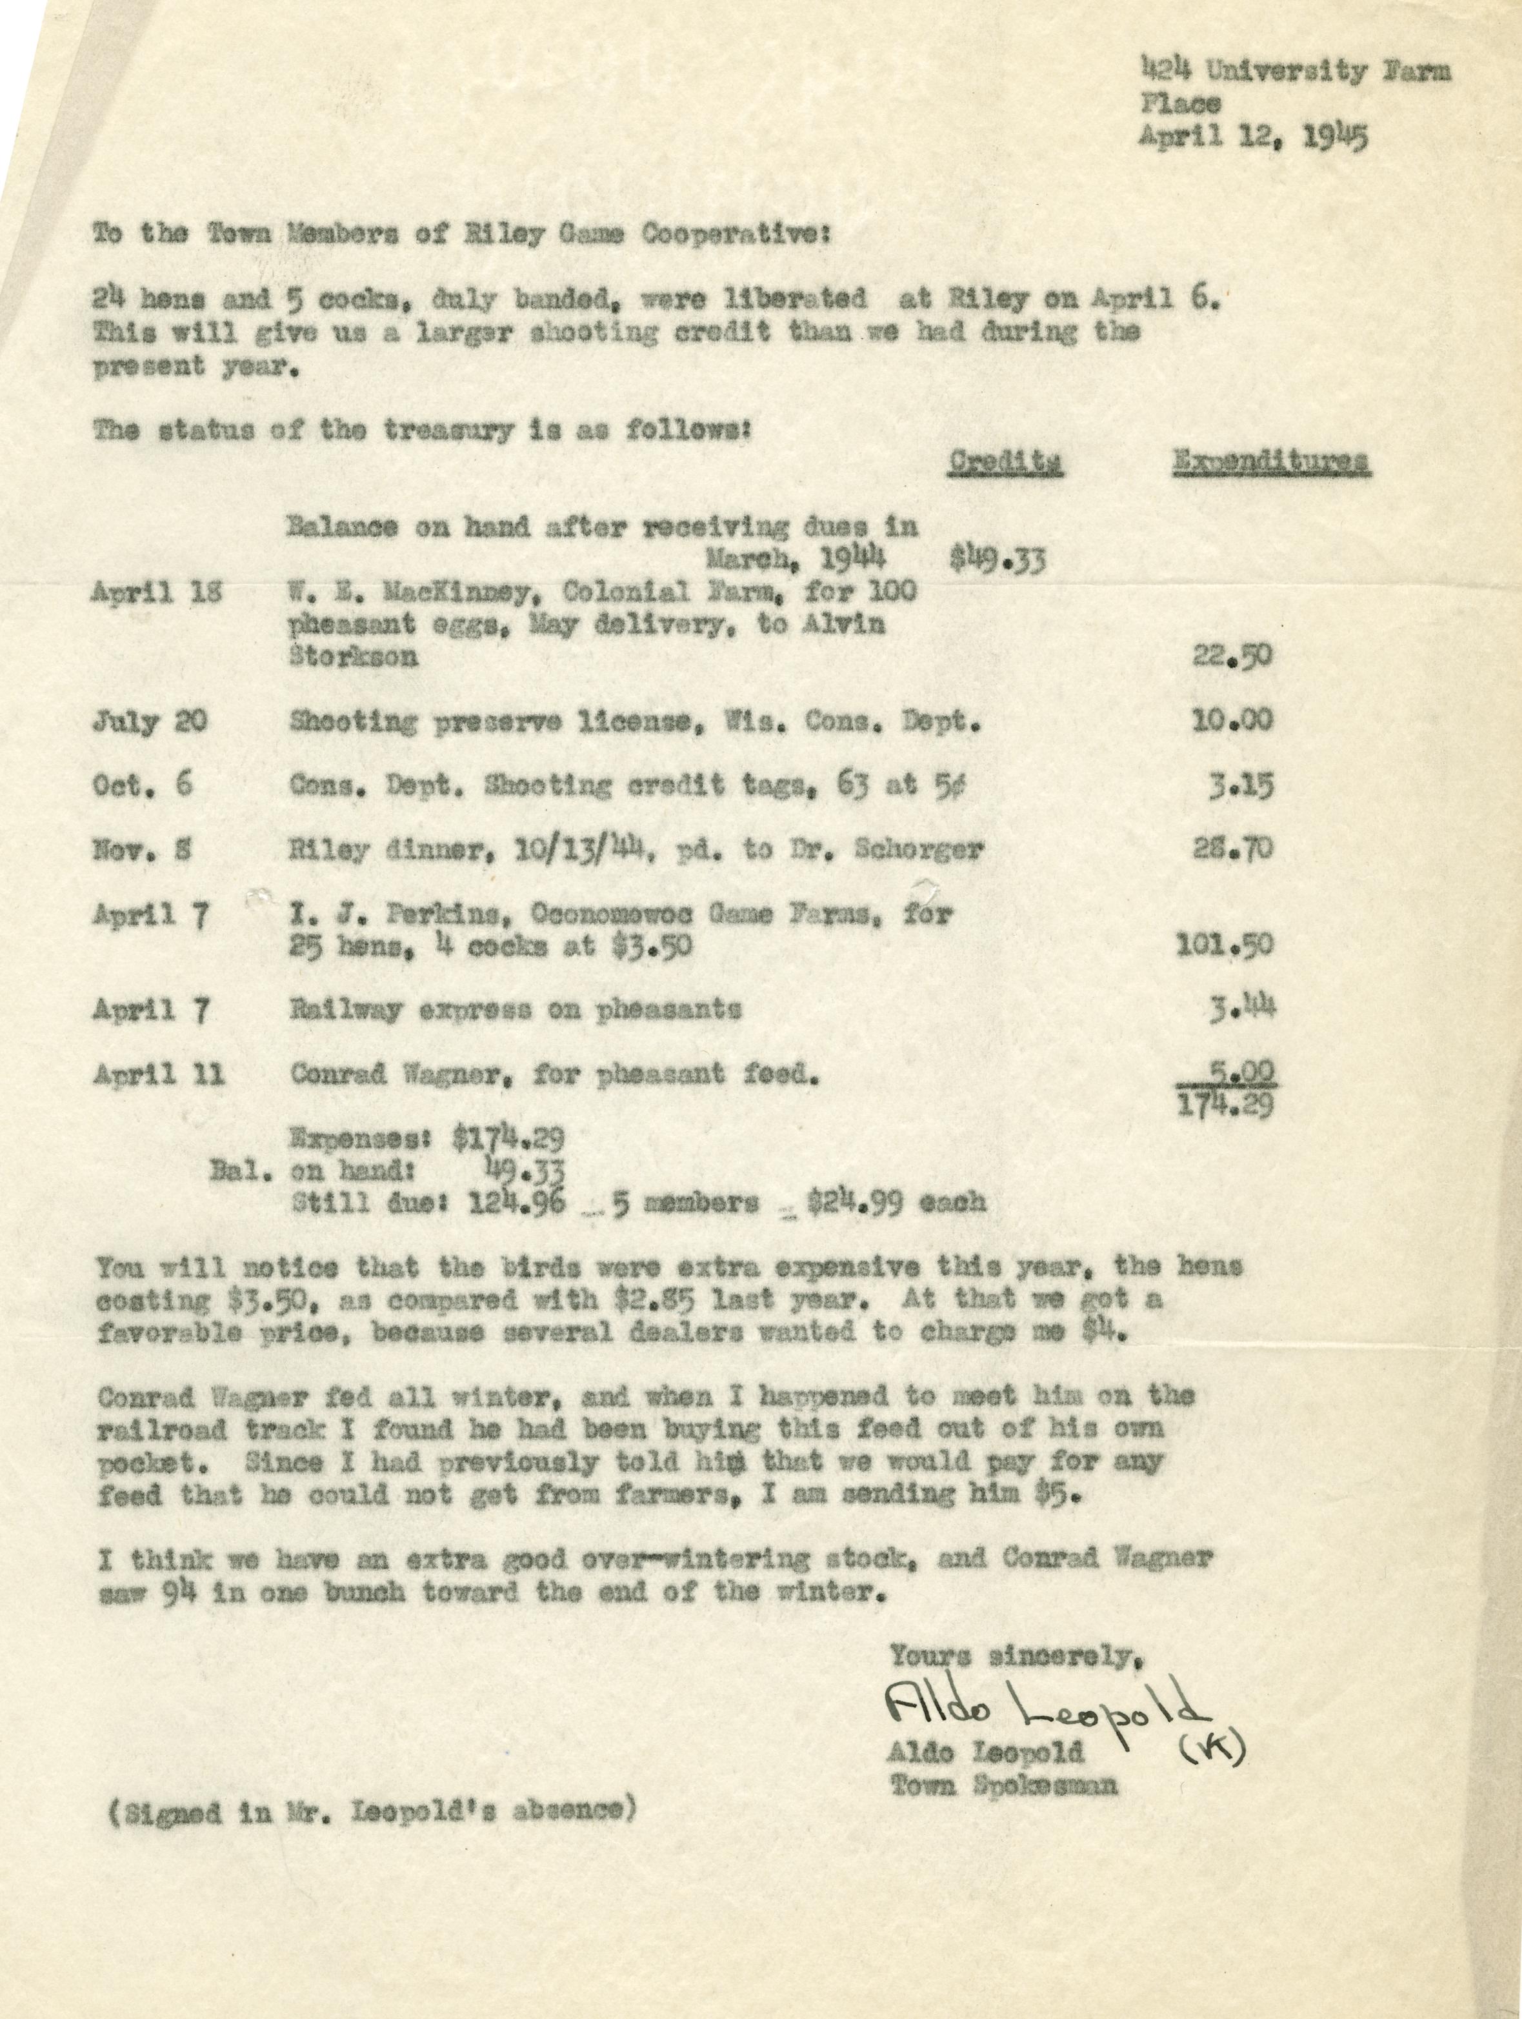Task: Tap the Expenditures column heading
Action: click(1270, 462)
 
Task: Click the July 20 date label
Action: click(150, 723)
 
